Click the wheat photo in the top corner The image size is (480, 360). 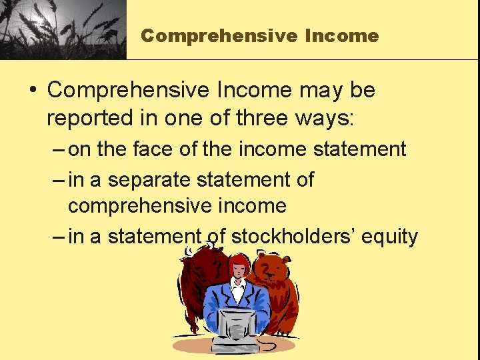click(63, 29)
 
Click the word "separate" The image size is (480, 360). click(159, 179)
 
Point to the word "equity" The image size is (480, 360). click(390, 236)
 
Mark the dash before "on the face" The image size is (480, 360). click(57, 149)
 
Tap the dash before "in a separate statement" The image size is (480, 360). click(57, 179)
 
